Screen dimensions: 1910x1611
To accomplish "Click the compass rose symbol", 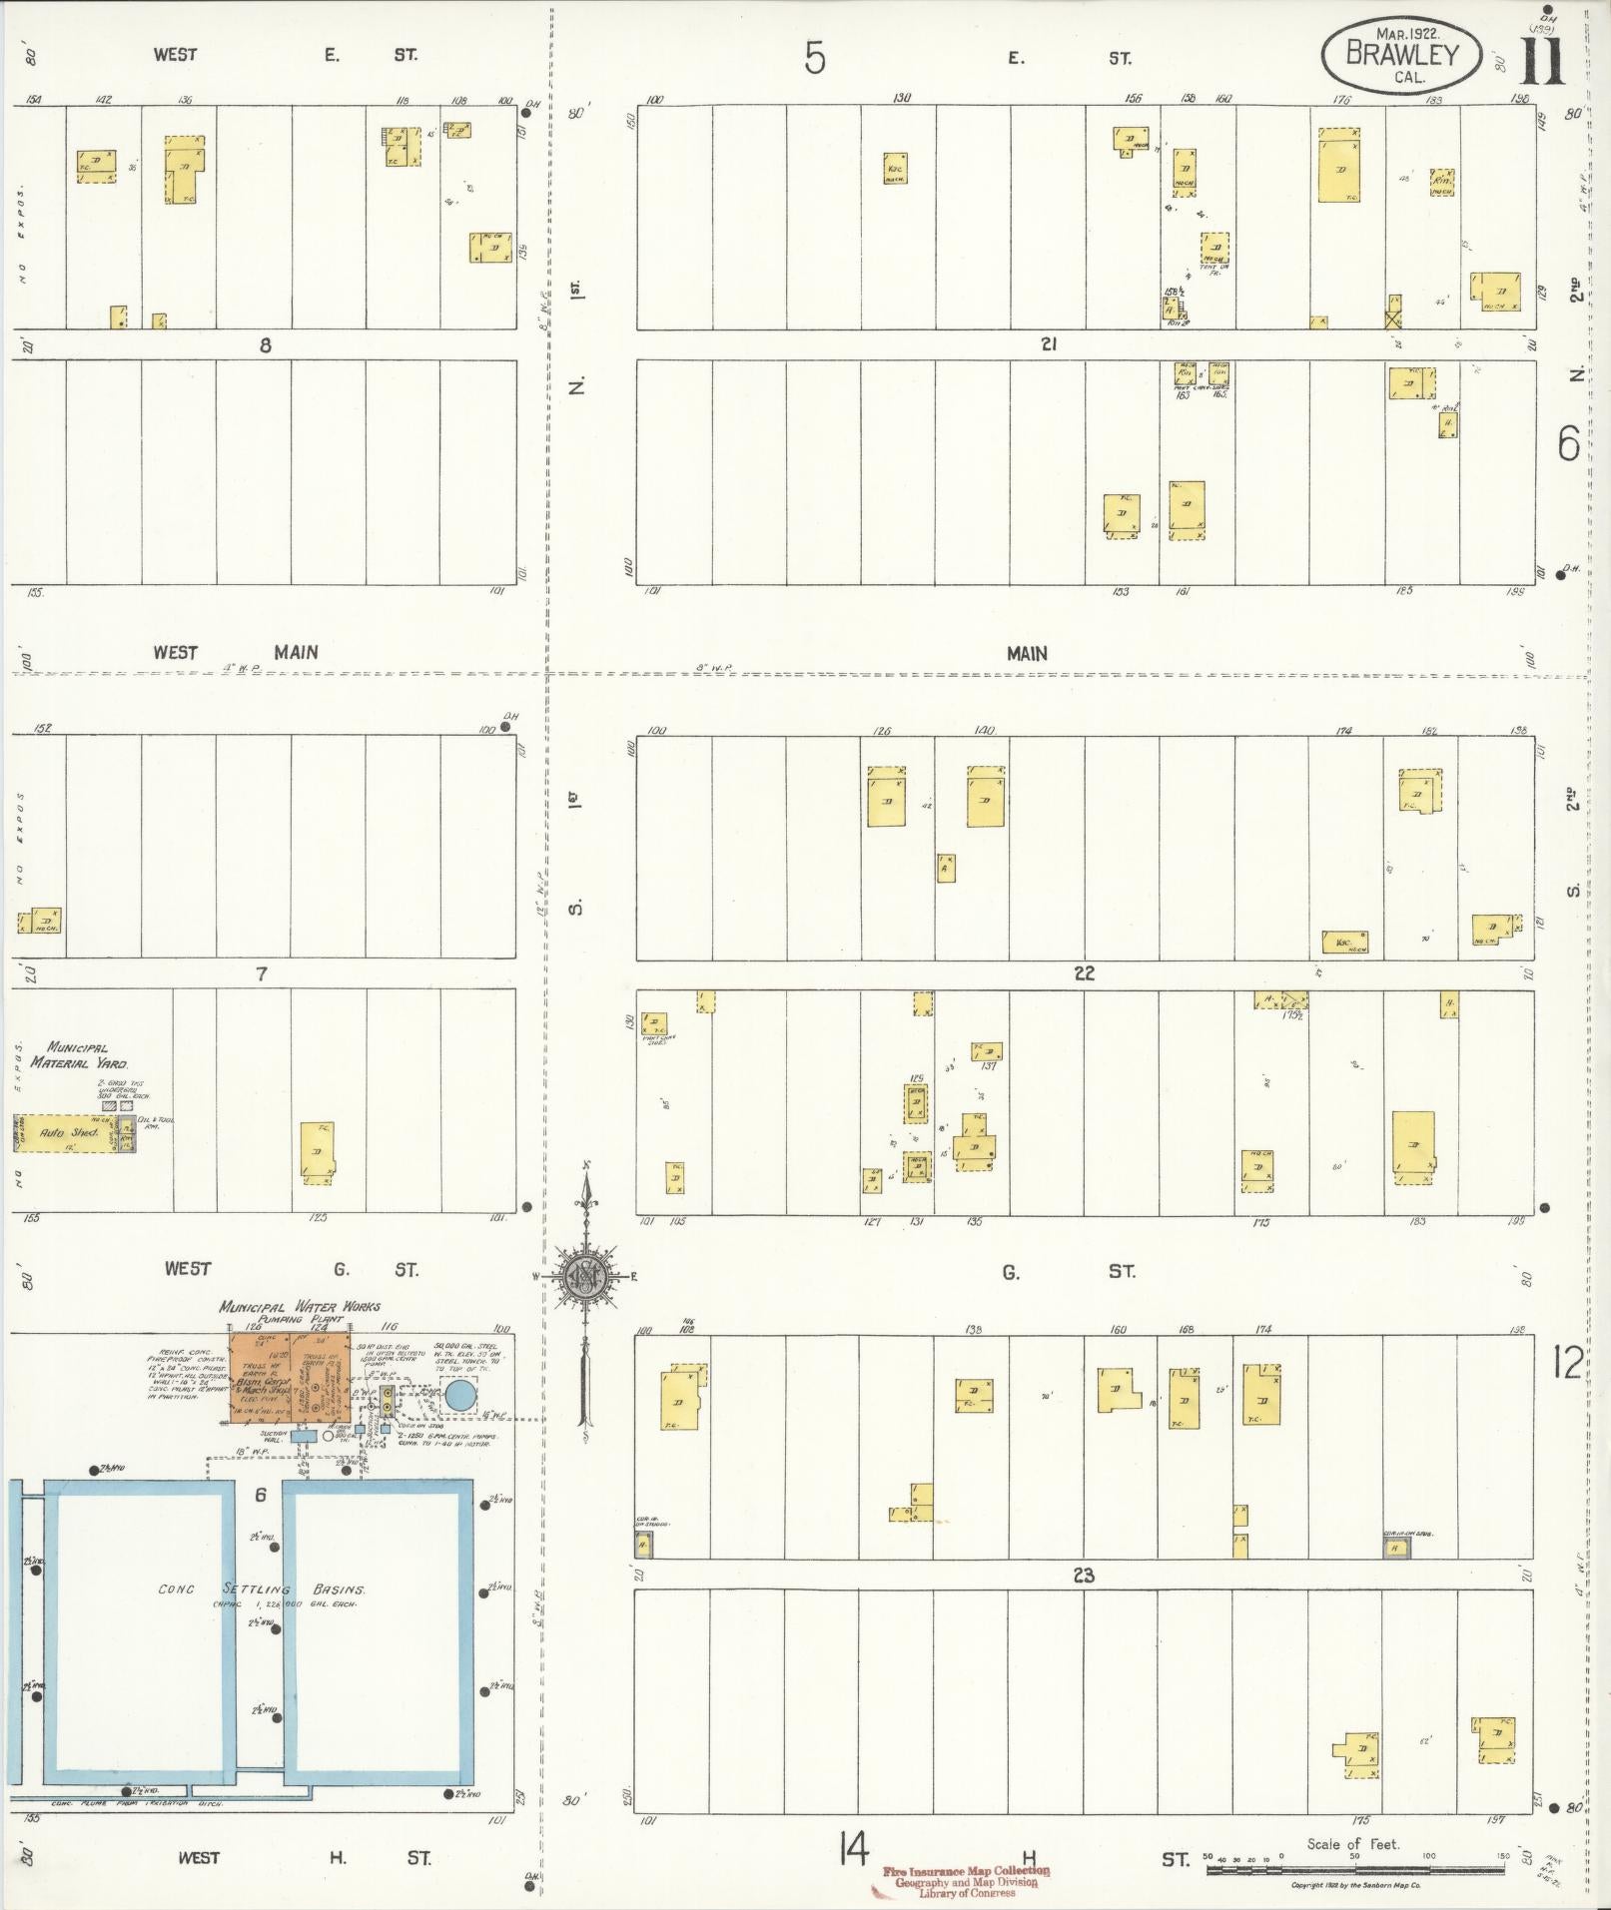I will pos(585,1275).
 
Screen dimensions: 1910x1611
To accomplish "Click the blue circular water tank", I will pos(459,1395).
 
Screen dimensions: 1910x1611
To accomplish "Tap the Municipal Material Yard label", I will pos(79,1055).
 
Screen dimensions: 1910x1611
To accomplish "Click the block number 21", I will pos(1048,344).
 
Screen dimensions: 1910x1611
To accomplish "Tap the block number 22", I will pos(1084,973).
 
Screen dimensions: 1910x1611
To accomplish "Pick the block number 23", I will pos(1083,1576).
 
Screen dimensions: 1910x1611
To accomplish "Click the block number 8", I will pos(265,345).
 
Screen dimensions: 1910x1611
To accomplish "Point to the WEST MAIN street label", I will pos(236,652).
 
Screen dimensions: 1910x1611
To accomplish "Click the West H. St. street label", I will pos(305,1857).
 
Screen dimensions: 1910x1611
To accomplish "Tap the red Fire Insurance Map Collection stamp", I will pos(966,1881).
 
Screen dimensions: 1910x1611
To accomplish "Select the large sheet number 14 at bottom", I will pos(854,1851).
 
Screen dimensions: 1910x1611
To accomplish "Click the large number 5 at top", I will pos(815,59).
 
